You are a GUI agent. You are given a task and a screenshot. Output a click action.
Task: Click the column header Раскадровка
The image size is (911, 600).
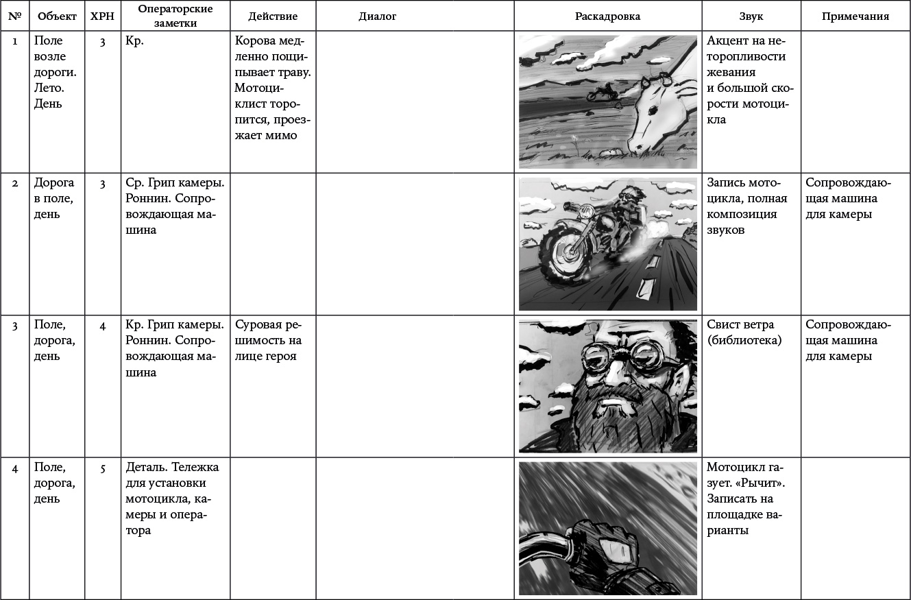[607, 16]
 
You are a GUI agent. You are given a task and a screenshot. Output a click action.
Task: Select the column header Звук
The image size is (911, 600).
[751, 16]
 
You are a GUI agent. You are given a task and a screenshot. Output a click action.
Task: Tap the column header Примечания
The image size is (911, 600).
[855, 16]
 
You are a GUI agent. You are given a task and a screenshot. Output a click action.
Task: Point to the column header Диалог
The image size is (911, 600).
[378, 16]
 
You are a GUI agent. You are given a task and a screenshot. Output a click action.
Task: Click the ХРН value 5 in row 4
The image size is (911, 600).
[102, 469]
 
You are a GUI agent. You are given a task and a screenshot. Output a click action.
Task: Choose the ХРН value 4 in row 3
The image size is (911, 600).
[102, 326]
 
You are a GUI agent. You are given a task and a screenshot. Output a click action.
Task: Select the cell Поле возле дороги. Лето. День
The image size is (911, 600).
[55, 72]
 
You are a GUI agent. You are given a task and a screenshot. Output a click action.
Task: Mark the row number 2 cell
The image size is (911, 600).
[15, 184]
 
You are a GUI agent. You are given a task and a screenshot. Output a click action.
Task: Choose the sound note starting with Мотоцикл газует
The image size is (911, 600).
[747, 498]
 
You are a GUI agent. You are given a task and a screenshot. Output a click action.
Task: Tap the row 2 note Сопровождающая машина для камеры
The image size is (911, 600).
[848, 199]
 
